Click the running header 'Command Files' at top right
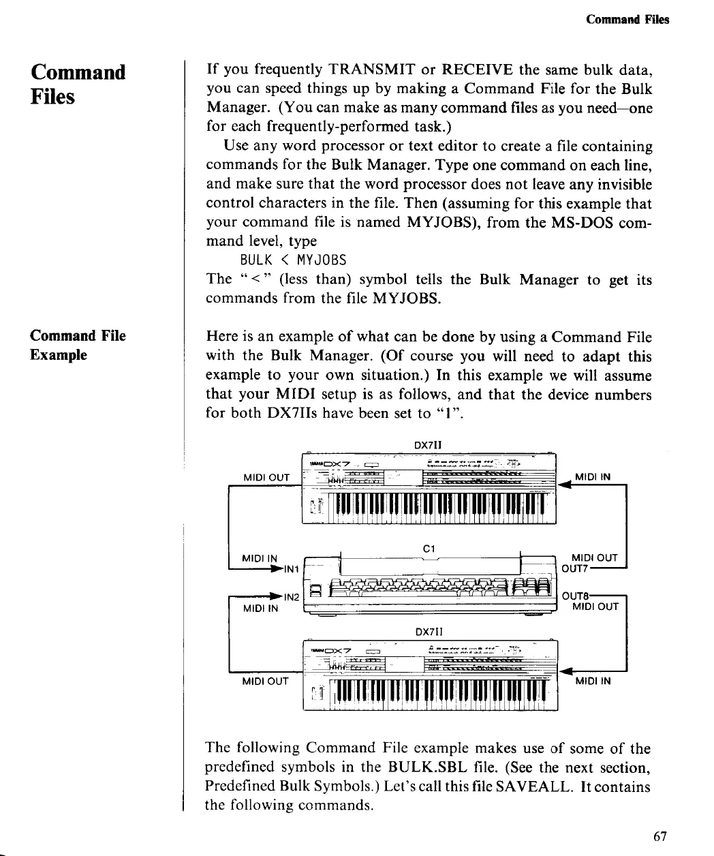coord(627,19)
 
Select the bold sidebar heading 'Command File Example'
coord(78,345)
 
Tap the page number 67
coord(659,837)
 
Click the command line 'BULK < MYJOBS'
coord(293,260)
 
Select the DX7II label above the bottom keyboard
coord(429,630)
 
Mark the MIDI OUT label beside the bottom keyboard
coord(266,680)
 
